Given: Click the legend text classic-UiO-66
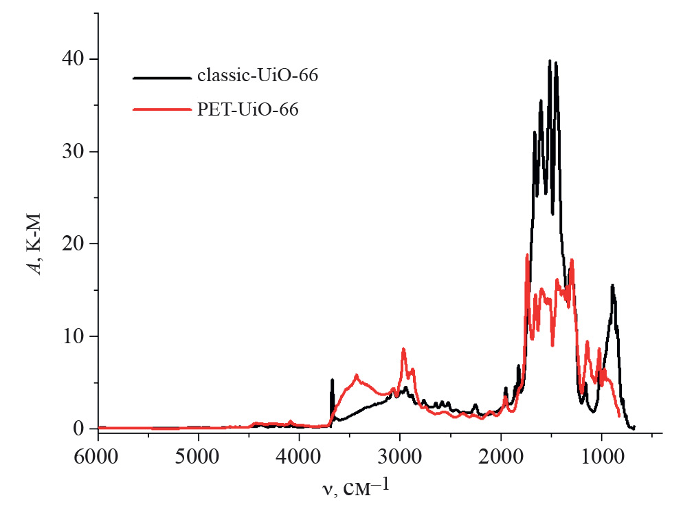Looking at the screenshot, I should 257,76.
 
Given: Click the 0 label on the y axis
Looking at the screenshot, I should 80,428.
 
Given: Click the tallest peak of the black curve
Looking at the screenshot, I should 550,61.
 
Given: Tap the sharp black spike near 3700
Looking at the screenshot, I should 333,380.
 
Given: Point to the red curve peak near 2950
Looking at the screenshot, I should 403,349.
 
